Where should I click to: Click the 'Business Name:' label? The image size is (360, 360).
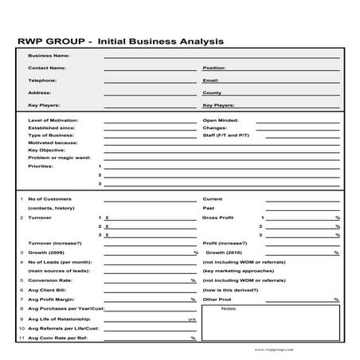(49, 56)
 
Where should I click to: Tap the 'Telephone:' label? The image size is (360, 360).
(43, 80)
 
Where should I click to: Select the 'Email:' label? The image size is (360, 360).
(211, 80)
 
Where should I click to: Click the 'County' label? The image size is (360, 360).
(212, 92)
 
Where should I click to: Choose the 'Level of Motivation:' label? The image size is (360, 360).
(53, 120)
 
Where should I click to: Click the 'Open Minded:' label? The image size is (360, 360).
(221, 120)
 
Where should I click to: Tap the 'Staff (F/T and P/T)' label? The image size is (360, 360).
(226, 135)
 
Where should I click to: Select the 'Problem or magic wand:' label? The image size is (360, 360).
(59, 157)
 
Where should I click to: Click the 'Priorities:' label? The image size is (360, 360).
(41, 166)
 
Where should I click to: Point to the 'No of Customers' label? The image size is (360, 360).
(49, 198)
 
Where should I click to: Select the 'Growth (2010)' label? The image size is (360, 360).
(228, 252)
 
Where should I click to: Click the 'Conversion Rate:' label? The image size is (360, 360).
(50, 280)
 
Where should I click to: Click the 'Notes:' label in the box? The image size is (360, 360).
(229, 308)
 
